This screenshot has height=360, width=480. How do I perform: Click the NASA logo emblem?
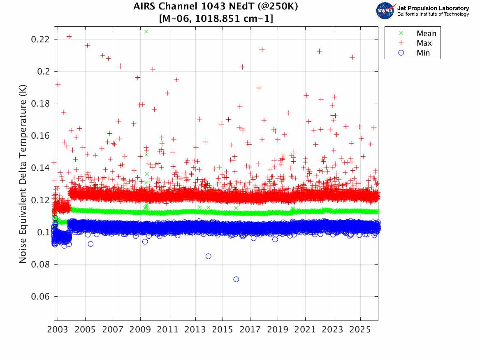(385, 11)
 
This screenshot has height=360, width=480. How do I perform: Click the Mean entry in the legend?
(426, 34)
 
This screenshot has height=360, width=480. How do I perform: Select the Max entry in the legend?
(424, 43)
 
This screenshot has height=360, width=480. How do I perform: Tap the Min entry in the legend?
(423, 53)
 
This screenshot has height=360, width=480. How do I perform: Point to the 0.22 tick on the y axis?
(41, 39)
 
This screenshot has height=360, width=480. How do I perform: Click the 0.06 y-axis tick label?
(41, 297)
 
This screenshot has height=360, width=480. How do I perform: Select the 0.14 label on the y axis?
(41, 168)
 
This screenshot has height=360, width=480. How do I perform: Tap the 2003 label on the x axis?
(58, 330)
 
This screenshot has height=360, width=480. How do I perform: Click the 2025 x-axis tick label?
(360, 330)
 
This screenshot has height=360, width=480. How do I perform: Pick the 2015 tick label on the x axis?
(223, 330)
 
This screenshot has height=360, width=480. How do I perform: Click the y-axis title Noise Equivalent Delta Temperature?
(23, 176)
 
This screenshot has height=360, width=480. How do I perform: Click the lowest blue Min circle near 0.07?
(236, 279)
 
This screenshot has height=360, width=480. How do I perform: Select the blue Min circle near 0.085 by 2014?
(209, 256)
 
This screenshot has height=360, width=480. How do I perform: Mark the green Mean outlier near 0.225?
(146, 32)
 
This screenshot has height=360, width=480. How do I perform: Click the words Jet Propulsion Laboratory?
(433, 8)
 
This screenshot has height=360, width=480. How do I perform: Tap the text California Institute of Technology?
(433, 14)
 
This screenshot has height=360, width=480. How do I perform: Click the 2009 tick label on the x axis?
(140, 330)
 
